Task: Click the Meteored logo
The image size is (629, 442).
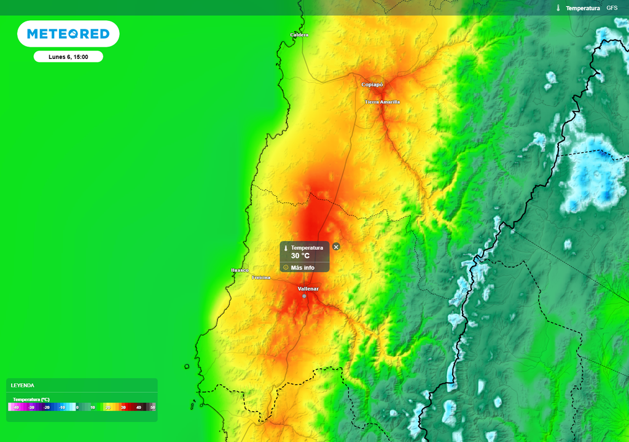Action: (x=68, y=34)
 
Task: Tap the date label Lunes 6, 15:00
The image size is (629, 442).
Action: (x=68, y=56)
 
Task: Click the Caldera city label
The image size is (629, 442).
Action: (x=299, y=35)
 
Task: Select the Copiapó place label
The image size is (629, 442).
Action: (x=372, y=85)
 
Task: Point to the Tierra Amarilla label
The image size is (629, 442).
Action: (x=382, y=102)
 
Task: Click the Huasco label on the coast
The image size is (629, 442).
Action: (x=240, y=270)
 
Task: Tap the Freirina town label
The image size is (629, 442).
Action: (x=261, y=277)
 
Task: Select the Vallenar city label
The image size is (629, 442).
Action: (x=308, y=289)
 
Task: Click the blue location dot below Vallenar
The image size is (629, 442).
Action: (x=304, y=296)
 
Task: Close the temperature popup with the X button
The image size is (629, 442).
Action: (x=336, y=247)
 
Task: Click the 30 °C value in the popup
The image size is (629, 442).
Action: (x=300, y=256)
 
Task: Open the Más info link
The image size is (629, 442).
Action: (x=302, y=268)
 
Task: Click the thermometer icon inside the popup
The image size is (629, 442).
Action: (x=286, y=248)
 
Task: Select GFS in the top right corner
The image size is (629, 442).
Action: (x=612, y=8)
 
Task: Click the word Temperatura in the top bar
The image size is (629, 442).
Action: (x=582, y=8)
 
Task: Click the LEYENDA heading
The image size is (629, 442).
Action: (x=23, y=386)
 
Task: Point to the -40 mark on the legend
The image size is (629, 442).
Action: (x=17, y=407)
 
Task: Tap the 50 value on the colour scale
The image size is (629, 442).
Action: (x=153, y=407)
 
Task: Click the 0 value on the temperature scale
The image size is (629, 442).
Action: (x=77, y=407)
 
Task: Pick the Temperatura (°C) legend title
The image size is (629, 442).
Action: (x=31, y=399)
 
